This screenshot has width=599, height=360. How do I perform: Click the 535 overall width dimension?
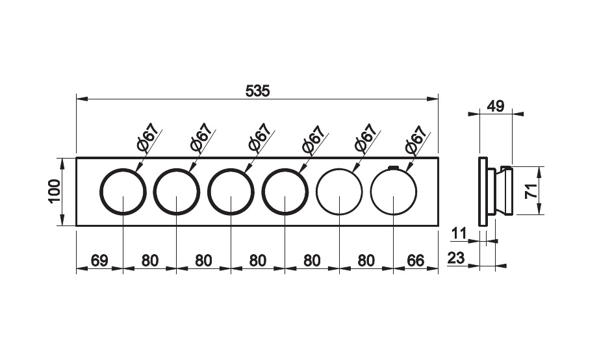[x=257, y=92]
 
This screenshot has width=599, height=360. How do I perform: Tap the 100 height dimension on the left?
[x=55, y=192]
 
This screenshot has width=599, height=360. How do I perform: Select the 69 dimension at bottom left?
[x=99, y=261]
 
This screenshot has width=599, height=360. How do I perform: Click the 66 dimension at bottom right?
[x=416, y=261]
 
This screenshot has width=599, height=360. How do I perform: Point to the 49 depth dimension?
[x=496, y=106]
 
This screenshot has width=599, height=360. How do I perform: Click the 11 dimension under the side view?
[x=459, y=233]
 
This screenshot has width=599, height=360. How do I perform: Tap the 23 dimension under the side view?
[x=455, y=258]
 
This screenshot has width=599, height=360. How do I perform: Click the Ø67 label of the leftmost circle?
[x=147, y=138]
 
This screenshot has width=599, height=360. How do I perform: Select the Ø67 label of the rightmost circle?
[x=416, y=140]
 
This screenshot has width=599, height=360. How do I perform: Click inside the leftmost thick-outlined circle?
[x=123, y=192]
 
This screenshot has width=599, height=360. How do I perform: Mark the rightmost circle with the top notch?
[x=394, y=192]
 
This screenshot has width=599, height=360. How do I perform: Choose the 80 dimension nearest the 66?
[x=366, y=261]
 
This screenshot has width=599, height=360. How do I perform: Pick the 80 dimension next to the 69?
[x=149, y=261]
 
